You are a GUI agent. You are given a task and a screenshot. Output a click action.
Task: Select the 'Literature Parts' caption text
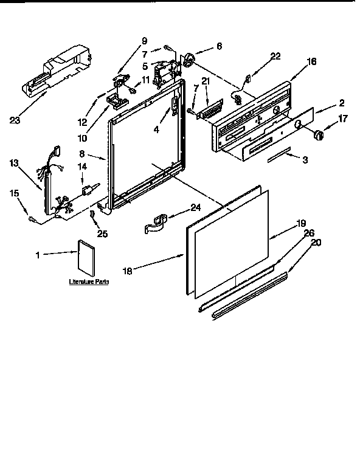88,283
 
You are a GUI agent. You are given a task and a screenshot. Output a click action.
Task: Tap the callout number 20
316,242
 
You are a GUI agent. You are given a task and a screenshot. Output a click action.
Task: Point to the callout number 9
144,41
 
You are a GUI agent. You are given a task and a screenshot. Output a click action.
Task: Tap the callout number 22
275,57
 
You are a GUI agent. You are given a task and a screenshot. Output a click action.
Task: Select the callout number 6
219,46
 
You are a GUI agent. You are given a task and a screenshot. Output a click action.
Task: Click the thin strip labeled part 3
282,157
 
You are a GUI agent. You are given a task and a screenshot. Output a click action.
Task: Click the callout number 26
309,232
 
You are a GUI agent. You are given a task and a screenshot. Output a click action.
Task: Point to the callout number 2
342,103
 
